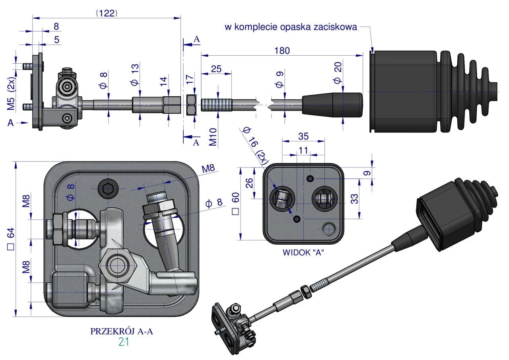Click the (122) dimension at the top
point(107,13)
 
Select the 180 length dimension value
point(282,51)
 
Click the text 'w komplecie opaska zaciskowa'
point(291,27)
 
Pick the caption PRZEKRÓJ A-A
point(121,331)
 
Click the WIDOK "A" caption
point(303,252)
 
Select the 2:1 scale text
point(123,342)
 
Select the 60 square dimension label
point(235,203)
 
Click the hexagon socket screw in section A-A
point(107,189)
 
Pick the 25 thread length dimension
point(216,69)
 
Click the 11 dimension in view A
point(303,150)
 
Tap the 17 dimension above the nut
point(189,80)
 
